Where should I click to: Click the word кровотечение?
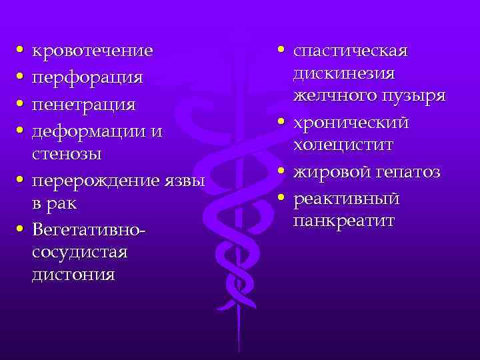point(93,51)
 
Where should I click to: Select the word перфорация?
point(87,78)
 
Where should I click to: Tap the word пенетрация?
point(84,105)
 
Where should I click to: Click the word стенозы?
point(66,155)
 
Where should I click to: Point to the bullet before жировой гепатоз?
point(282,172)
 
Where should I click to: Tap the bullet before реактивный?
point(282,199)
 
